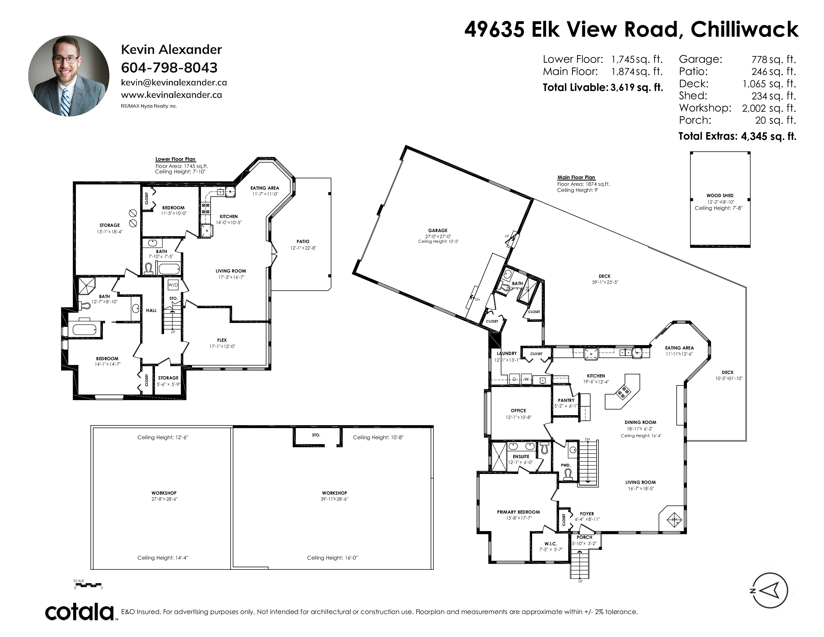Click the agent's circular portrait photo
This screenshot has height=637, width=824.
[x=69, y=76]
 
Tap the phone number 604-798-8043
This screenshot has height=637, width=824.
[x=169, y=68]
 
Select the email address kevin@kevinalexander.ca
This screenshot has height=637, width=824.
[x=174, y=83]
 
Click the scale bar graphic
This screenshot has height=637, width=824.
[x=88, y=585]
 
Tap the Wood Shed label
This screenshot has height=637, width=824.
[x=720, y=196]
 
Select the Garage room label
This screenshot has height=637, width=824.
[x=438, y=230]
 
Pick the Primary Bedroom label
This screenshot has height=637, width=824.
[x=518, y=512]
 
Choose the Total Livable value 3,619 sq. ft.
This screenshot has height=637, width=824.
[x=636, y=87]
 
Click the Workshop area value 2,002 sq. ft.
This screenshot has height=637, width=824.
[x=769, y=108]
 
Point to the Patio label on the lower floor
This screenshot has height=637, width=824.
[x=303, y=242]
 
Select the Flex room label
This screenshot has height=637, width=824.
[x=222, y=340]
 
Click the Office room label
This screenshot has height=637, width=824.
[x=518, y=411]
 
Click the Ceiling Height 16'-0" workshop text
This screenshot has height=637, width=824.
[x=332, y=558]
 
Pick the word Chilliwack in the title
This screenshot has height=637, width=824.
[x=744, y=29]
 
